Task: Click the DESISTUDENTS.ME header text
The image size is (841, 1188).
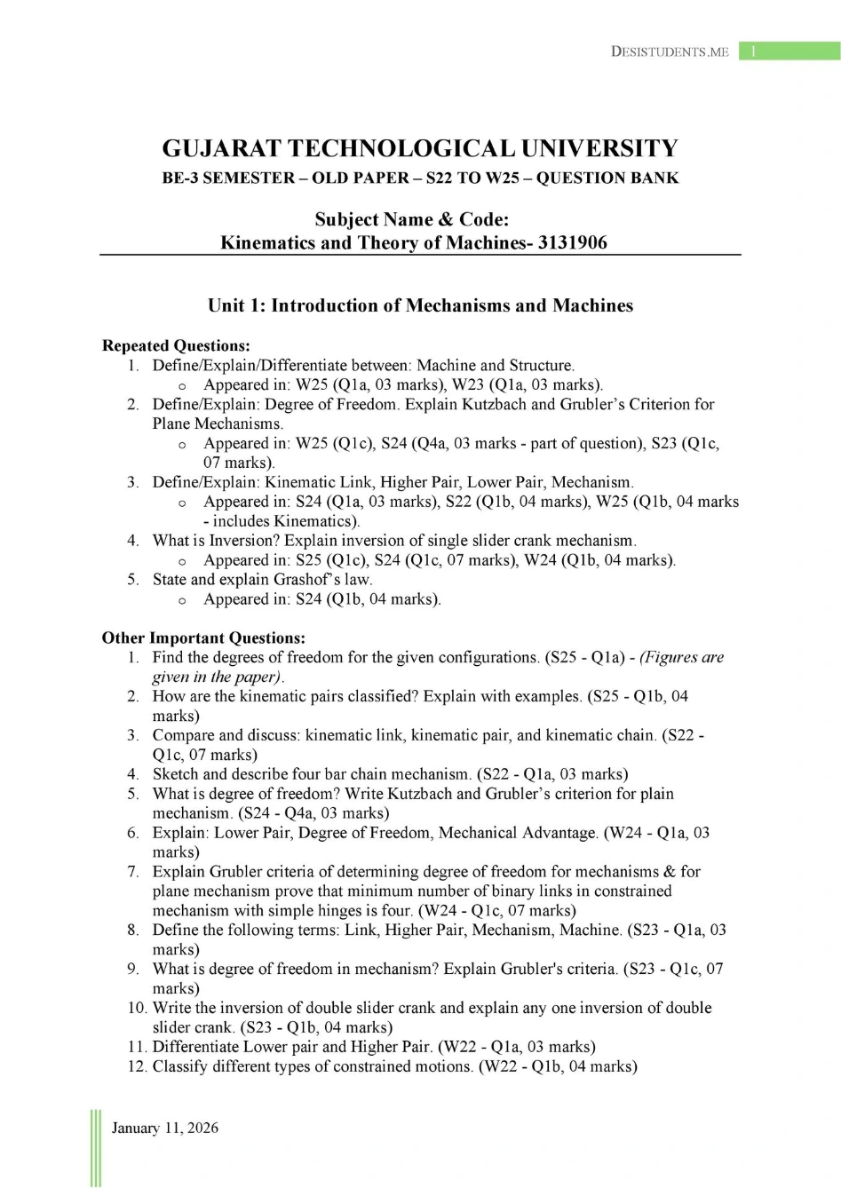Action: pos(670,51)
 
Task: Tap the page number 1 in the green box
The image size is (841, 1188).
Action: pos(753,51)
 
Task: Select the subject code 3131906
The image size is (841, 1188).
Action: pos(573,242)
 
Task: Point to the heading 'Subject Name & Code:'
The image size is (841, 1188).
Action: pos(412,219)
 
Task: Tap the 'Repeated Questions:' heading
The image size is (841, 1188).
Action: pos(176,345)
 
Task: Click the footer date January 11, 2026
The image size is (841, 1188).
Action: pos(164,1128)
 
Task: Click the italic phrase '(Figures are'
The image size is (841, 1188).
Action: pos(681,657)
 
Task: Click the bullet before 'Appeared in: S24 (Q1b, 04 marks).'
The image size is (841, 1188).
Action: pos(182,600)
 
